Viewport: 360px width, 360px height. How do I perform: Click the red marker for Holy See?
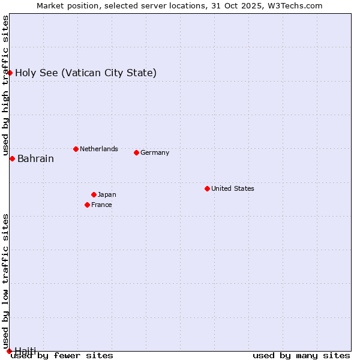[10, 73]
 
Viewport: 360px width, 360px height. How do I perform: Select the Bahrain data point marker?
[12, 158]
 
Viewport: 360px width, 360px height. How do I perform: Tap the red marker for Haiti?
[9, 351]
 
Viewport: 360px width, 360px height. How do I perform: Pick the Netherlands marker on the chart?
[76, 149]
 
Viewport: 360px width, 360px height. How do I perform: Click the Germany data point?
[136, 152]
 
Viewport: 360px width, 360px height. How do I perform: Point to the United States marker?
[207, 188]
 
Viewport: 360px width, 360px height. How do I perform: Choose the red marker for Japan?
[94, 194]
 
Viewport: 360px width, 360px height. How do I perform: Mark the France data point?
[87, 205]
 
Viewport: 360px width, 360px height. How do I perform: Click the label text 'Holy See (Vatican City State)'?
[86, 73]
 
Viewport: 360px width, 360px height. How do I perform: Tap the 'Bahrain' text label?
[35, 159]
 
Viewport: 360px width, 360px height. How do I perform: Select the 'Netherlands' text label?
[98, 149]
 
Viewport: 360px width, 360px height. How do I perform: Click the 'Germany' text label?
[155, 152]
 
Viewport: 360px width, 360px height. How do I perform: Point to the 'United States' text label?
[232, 188]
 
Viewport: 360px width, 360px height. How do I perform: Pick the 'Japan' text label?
[107, 194]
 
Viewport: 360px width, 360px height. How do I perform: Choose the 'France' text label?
[101, 205]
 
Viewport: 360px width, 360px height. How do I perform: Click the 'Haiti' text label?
[25, 350]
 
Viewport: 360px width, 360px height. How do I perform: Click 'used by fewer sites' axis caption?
[62, 356]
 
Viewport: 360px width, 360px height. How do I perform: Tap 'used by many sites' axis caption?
[301, 356]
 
